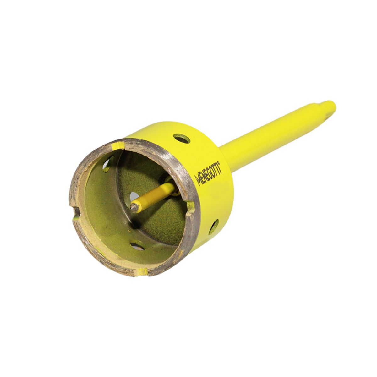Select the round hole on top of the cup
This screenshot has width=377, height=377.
182,139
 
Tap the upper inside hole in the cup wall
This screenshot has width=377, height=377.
108,164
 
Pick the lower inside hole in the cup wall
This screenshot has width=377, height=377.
137,245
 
